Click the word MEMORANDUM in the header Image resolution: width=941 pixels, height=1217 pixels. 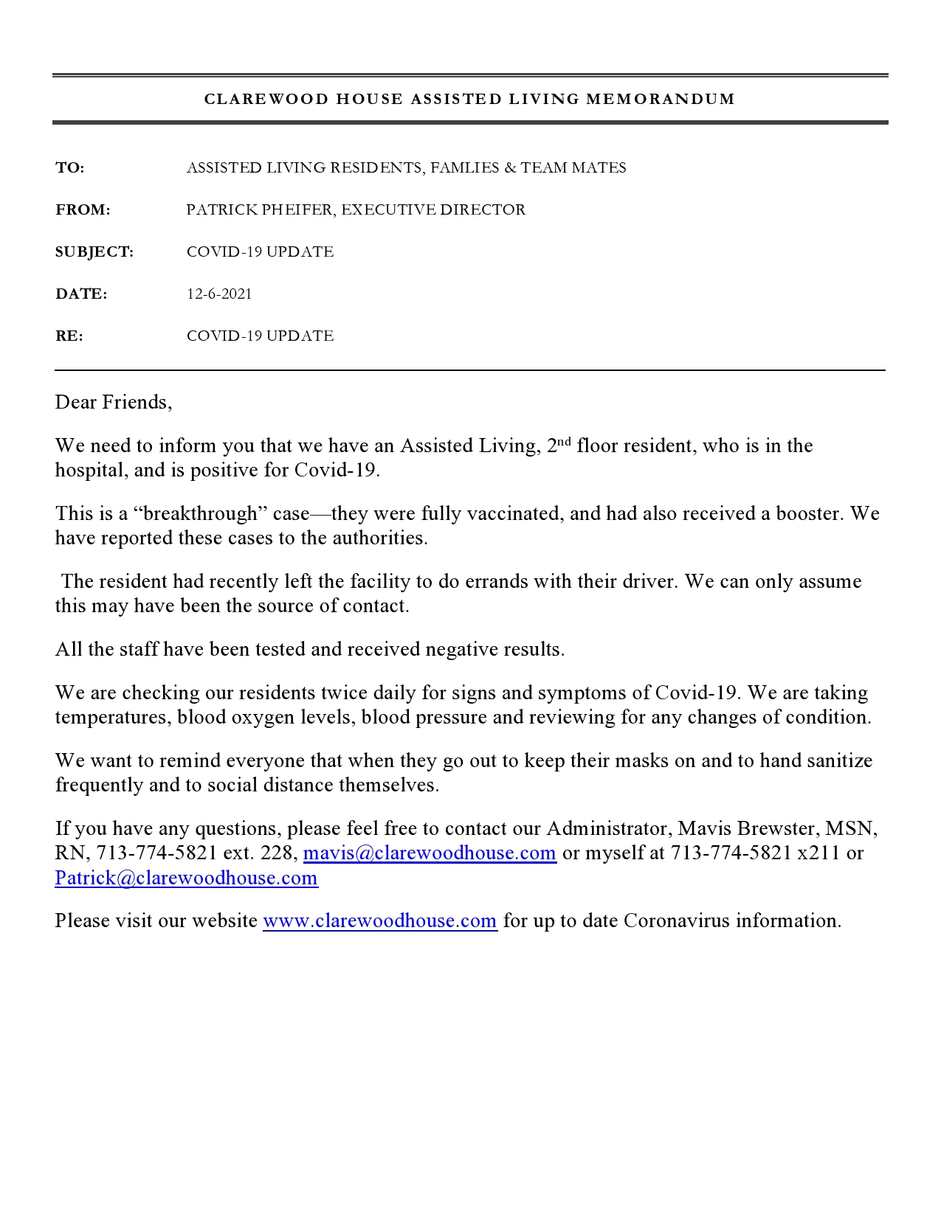click(x=661, y=99)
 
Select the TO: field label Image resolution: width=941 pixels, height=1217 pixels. click(x=70, y=168)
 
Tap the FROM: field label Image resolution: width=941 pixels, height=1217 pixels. click(x=83, y=210)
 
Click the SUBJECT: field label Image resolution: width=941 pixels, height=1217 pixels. click(x=94, y=252)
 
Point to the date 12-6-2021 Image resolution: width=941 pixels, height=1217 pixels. click(x=219, y=294)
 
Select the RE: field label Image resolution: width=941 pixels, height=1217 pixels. click(x=69, y=336)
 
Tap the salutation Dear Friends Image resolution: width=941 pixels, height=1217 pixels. click(x=113, y=402)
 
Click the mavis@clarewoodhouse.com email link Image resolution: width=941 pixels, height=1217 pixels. click(x=430, y=853)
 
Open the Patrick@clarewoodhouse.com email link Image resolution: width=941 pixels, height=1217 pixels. click(x=186, y=878)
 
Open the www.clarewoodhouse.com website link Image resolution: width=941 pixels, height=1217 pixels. click(x=380, y=921)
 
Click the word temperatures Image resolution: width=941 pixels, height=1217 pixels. click(x=110, y=718)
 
